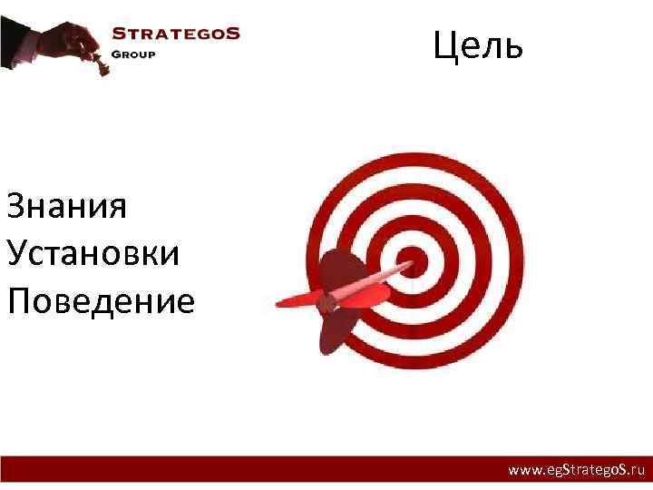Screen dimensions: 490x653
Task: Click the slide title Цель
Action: coord(478,44)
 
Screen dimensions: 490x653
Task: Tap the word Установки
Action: coord(93,253)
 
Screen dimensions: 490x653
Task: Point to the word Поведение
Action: coord(100,300)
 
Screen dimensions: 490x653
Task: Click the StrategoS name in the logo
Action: coord(175,34)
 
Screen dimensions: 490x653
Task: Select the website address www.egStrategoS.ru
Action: coord(576,471)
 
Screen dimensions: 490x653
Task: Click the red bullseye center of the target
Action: coord(413,262)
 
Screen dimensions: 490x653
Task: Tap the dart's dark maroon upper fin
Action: coord(336,268)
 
